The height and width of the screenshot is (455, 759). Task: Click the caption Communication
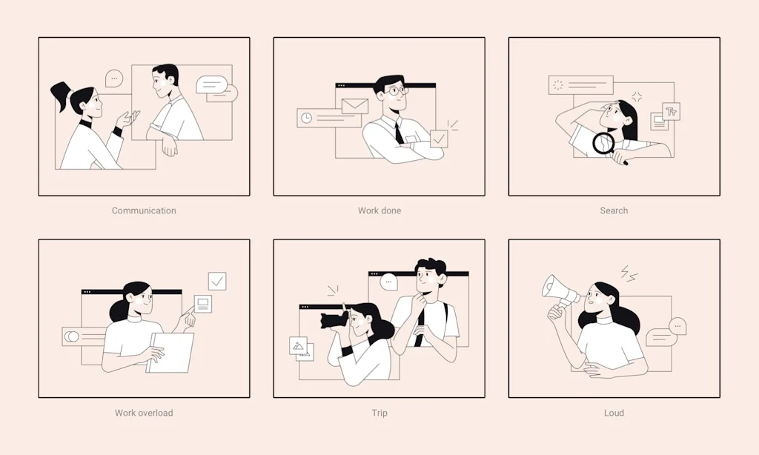coord(144,210)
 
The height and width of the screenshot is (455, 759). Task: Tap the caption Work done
coord(379,210)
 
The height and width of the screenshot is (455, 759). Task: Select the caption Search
coord(614,210)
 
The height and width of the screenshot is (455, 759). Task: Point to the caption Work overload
coord(144,413)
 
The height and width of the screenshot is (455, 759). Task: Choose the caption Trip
coord(379,413)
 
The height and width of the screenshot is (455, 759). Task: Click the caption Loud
coord(614,413)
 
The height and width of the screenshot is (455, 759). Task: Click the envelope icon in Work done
coord(355,106)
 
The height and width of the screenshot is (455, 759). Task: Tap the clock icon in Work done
coord(306,118)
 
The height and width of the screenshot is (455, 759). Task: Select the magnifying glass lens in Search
coord(603,143)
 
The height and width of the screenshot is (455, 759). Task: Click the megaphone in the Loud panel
coord(560,292)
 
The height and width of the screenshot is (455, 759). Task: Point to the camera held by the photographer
coord(334,320)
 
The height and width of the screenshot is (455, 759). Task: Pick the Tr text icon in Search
coord(671,112)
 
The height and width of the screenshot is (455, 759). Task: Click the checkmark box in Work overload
coord(217,281)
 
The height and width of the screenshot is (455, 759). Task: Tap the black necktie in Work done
coord(398,132)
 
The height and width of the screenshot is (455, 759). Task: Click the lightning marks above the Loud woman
coord(629,273)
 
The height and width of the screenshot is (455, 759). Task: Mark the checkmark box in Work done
coord(439,139)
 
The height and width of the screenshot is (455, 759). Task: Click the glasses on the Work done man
coord(398,90)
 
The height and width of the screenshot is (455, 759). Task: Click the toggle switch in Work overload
coord(72,336)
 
